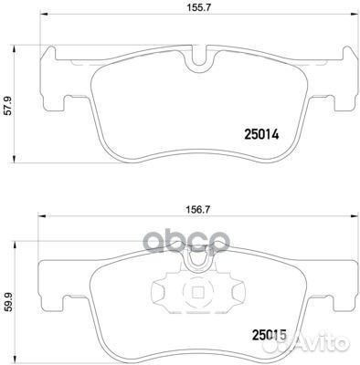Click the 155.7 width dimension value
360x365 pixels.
198,8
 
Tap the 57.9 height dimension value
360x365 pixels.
7,106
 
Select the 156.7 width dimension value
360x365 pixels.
198,210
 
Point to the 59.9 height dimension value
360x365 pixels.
9,303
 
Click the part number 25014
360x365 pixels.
261,134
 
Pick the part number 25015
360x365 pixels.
270,335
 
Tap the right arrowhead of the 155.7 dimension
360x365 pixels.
353,14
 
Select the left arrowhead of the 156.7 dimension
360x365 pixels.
41,216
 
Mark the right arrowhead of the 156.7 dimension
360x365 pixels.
353,216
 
